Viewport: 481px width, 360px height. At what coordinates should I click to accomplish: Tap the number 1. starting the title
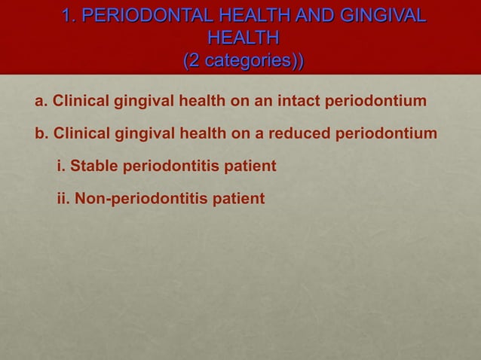pos(71,15)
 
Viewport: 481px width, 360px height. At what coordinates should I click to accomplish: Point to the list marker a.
pos(41,101)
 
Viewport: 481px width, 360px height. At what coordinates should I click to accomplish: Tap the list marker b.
pos(41,134)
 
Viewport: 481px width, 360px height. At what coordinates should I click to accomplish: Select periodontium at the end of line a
pos(376,101)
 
